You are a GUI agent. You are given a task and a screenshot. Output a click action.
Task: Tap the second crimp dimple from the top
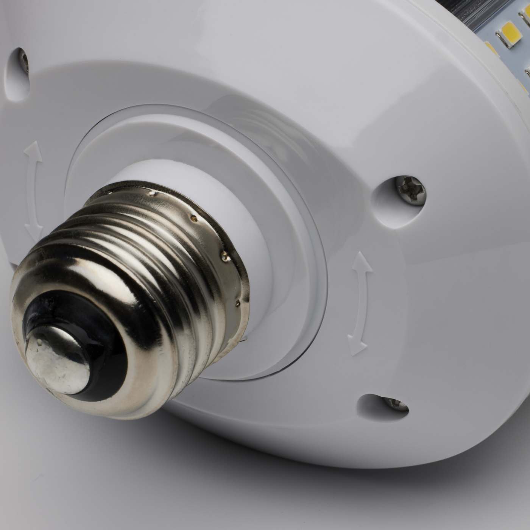[x=194, y=218]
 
